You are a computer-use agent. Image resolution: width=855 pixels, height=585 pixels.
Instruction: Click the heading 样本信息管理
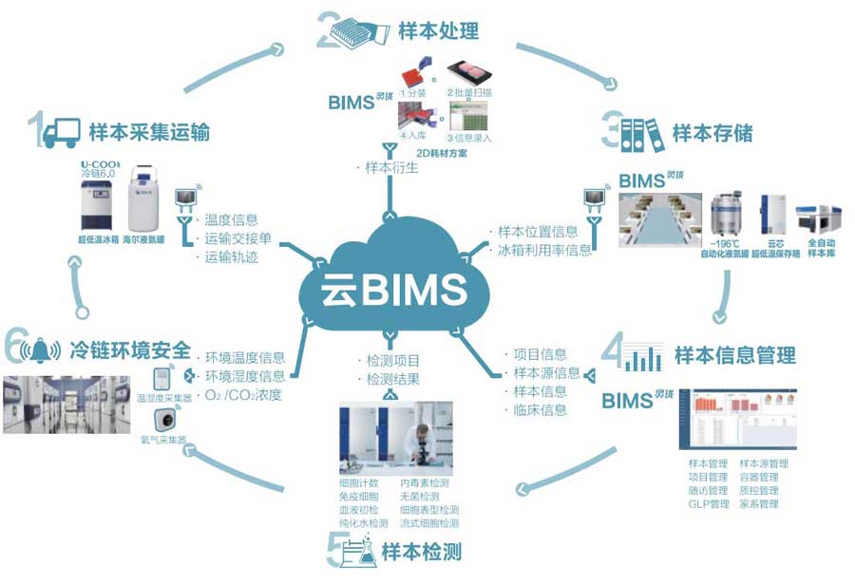pyautogui.click(x=734, y=355)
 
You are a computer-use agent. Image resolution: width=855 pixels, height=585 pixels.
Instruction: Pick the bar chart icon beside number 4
pyautogui.click(x=643, y=357)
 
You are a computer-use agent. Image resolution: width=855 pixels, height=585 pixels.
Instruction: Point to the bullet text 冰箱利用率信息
pyautogui.click(x=543, y=250)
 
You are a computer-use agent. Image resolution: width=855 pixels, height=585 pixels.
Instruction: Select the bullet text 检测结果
pyautogui.click(x=392, y=379)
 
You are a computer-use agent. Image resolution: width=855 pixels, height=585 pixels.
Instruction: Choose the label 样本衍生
pyautogui.click(x=390, y=167)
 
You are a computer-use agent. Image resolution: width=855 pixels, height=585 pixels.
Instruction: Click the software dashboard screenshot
pyautogui.click(x=737, y=419)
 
